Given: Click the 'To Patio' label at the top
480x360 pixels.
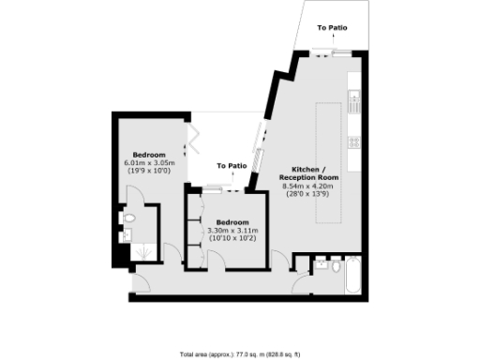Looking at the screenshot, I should pos(333,28).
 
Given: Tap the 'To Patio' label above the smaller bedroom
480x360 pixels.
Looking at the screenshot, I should pos(232,166).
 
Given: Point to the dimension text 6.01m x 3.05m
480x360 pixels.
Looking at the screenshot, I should pos(149,163).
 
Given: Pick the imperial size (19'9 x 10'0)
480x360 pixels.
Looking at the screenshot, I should pos(149,171).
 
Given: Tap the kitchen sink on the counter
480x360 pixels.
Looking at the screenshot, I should pos(354,96).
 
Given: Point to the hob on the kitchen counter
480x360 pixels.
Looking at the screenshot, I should pos(354,142).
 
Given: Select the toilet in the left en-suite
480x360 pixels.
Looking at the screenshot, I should pos(129,219).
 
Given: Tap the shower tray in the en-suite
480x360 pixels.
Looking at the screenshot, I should pos(142,252).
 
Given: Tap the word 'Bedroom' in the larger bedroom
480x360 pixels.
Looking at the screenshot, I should pos(149,155).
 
